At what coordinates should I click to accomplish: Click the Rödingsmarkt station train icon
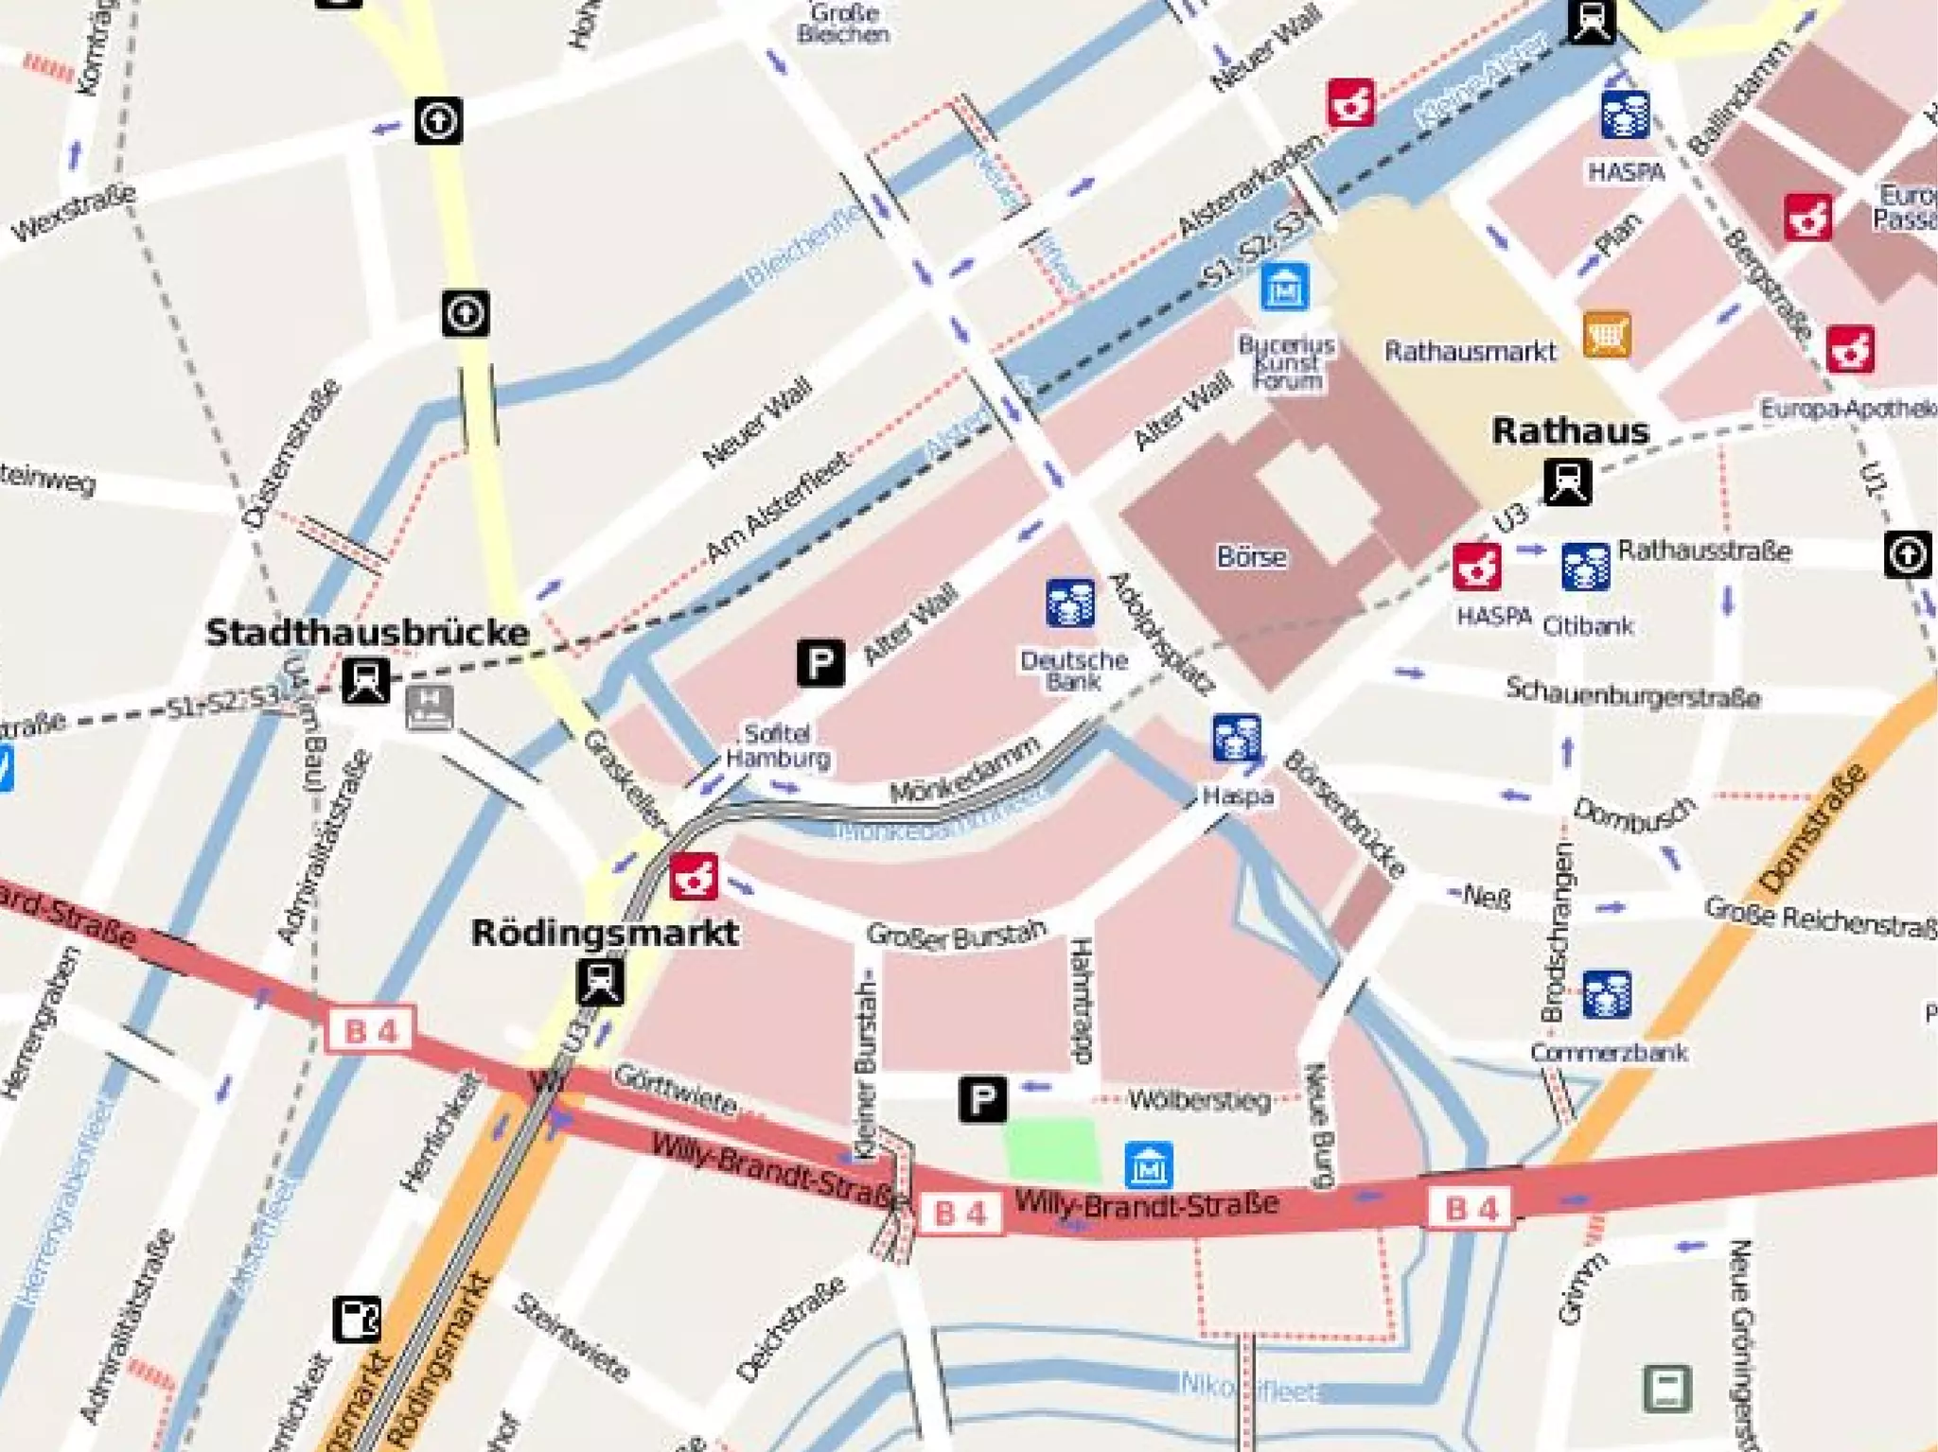(600, 982)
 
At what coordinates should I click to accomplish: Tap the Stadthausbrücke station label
(367, 633)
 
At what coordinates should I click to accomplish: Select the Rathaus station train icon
(1567, 481)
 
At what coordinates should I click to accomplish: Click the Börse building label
(1251, 557)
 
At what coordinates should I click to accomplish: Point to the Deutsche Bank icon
(1070, 604)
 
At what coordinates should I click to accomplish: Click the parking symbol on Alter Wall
(820, 662)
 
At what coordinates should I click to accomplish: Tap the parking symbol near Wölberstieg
(982, 1099)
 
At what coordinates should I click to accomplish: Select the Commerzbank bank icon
(1606, 994)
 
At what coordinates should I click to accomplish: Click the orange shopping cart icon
(1607, 335)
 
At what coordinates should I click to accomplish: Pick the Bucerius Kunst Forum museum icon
(1285, 287)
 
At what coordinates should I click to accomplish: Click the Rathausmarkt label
(1470, 352)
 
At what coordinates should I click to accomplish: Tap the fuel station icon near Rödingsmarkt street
(357, 1320)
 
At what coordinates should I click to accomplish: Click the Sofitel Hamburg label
(777, 745)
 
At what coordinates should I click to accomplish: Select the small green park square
(1052, 1149)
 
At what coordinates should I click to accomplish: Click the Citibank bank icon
(1585, 567)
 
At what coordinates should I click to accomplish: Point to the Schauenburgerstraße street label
(1632, 693)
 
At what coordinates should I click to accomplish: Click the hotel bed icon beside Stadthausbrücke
(430, 708)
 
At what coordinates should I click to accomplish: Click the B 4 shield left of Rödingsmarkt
(369, 1030)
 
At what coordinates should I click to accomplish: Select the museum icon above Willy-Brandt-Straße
(1149, 1165)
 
